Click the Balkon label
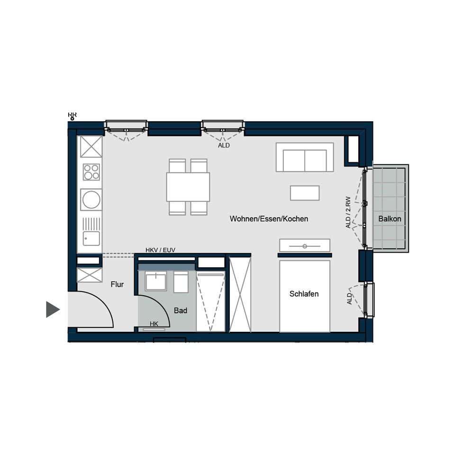pos(390,219)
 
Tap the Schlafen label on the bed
pos(304,294)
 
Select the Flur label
pos(117,284)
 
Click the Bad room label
pos(181,311)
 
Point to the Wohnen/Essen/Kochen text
pos(269,219)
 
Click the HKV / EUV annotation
pos(160,250)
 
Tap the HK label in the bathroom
pos(154,324)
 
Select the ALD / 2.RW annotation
pos(348,212)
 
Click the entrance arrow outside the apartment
pos(53,309)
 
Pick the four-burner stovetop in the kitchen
pos(91,172)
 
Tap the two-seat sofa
pos(305,157)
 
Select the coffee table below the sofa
pos(305,193)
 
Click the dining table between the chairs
pos(188,187)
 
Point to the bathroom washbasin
pos(155,282)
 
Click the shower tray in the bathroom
pos(210,302)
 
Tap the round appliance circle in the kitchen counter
pos(91,200)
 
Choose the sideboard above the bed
pos(304,246)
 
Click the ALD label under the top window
pos(224,146)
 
